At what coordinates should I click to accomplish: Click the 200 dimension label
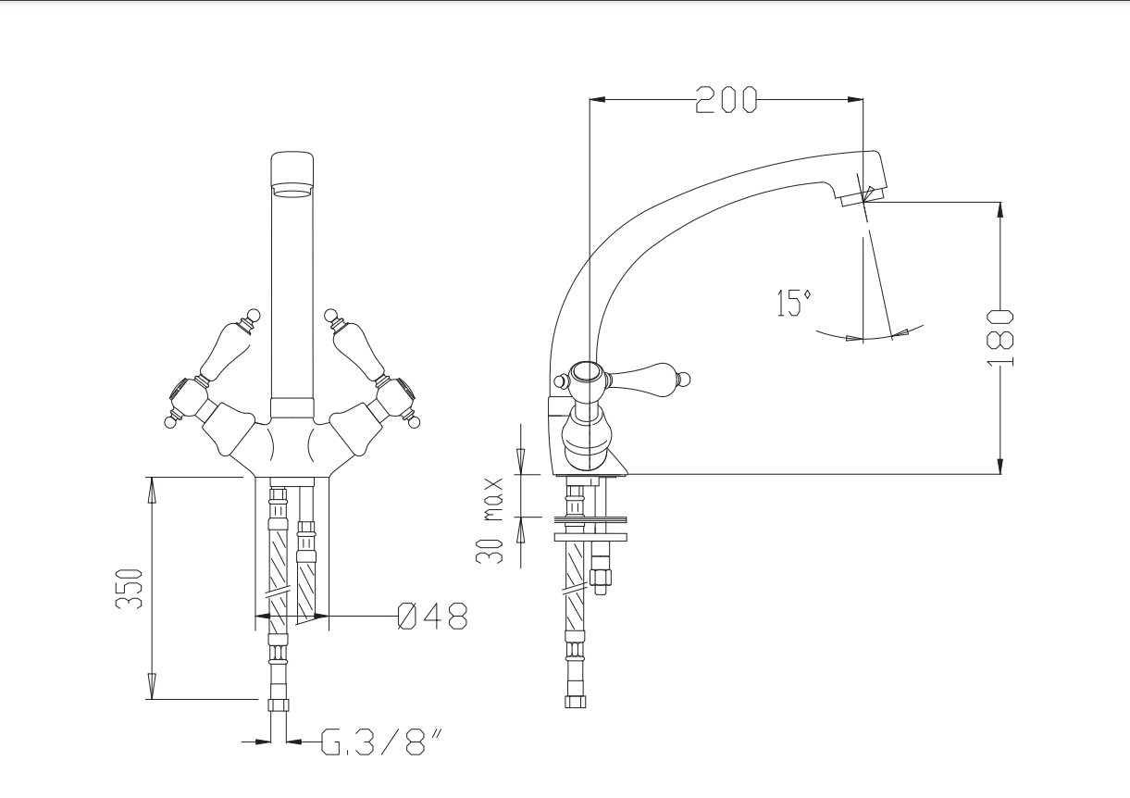(726, 100)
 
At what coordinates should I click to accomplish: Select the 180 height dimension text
(1000, 338)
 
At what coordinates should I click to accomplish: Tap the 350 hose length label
(130, 589)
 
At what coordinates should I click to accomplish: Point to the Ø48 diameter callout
(433, 616)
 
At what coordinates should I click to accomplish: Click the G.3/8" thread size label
(382, 742)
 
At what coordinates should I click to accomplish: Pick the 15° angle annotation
(794, 303)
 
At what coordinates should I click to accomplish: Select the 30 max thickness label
(490, 521)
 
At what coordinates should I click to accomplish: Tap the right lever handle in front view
(356, 347)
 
